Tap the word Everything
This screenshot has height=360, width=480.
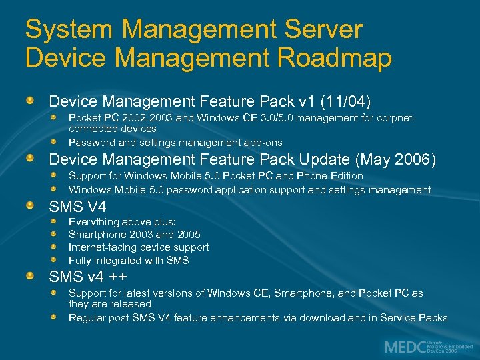point(93,221)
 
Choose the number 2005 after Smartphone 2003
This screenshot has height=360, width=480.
point(189,235)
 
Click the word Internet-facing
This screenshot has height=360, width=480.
point(103,247)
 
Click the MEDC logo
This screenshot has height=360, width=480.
point(403,347)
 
